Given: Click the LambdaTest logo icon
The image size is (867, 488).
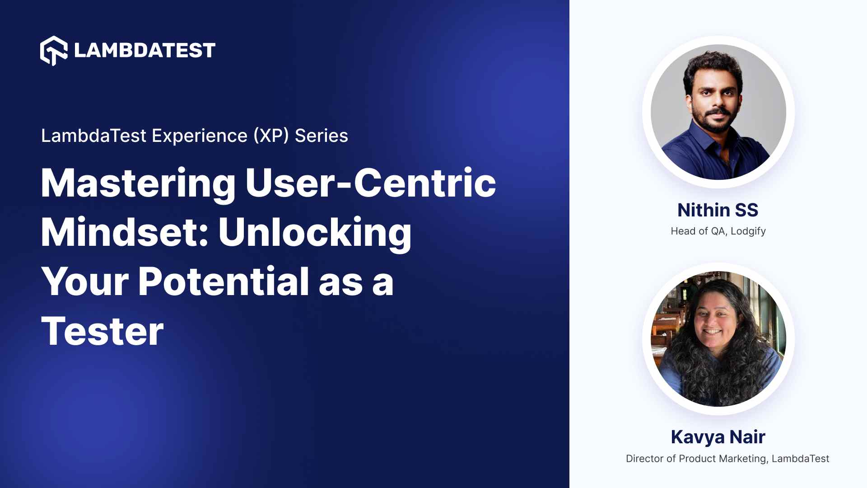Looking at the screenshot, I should (54, 51).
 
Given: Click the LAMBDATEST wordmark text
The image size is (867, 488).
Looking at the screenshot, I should (144, 51).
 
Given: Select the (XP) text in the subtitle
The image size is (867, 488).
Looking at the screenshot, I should (271, 136).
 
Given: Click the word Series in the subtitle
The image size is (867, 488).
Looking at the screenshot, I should (322, 136).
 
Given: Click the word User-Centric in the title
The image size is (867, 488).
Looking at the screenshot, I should (370, 183).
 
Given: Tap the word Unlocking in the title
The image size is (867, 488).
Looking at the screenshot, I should (315, 232).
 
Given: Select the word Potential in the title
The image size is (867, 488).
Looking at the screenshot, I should (225, 282).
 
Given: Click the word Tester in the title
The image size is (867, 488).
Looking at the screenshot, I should (103, 331).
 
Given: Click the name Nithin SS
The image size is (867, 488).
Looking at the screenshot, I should (718, 210).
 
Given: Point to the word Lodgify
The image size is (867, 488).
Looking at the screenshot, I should (748, 231).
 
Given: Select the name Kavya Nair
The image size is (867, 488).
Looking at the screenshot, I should (718, 437).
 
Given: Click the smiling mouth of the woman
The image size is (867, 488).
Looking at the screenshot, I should (713, 332).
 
